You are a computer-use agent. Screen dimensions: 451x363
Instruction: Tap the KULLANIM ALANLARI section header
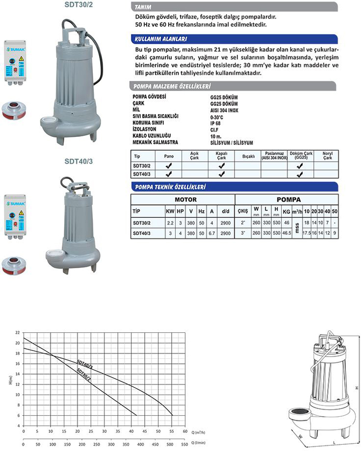pos(161,39)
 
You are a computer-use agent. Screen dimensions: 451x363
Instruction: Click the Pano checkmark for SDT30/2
pos(169,166)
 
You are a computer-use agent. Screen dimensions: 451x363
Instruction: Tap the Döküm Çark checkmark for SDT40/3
pos(299,174)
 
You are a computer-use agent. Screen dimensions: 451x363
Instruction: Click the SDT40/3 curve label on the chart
pos(84,365)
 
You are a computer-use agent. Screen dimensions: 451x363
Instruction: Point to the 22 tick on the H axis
pos(18,332)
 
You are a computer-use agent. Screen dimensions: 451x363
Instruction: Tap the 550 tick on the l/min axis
pos(185,445)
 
